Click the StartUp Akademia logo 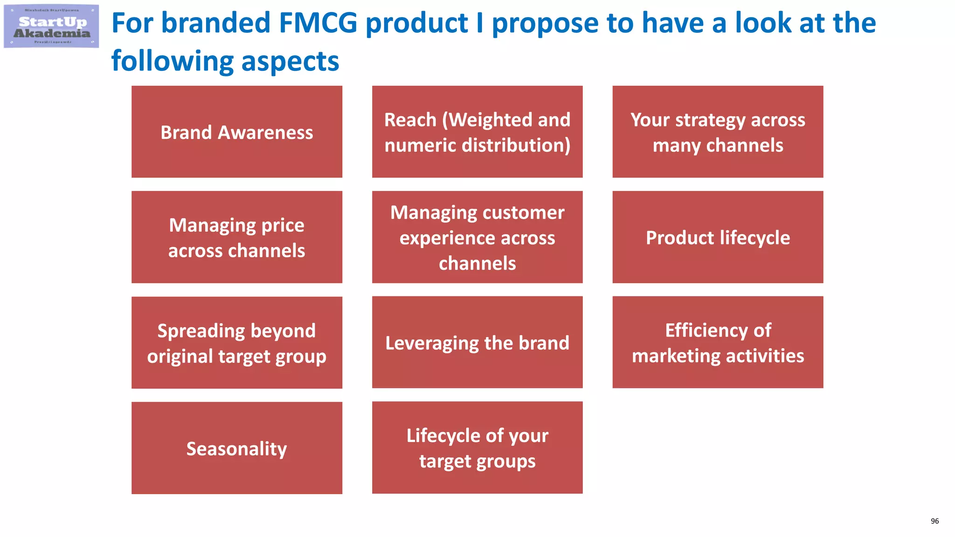(x=51, y=27)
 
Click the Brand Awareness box (x=237, y=132)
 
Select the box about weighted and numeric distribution (x=477, y=132)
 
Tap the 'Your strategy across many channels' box (x=718, y=132)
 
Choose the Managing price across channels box (x=237, y=237)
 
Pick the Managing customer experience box (x=477, y=237)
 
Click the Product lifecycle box (x=718, y=237)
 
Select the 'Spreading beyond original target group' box (x=237, y=343)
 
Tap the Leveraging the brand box (x=477, y=343)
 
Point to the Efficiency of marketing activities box (x=718, y=343)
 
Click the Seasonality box (x=237, y=448)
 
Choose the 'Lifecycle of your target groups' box (x=477, y=448)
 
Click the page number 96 (x=934, y=521)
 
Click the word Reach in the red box (x=410, y=120)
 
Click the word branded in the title (x=215, y=23)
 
